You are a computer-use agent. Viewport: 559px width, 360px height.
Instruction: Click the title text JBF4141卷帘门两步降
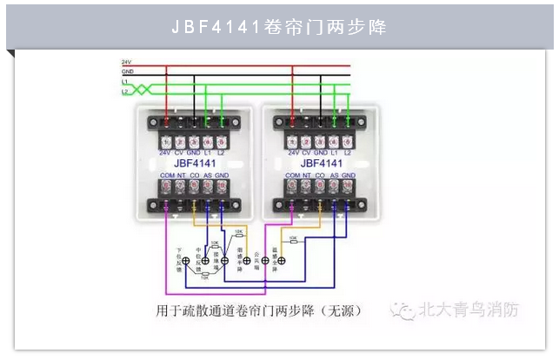pyautogui.click(x=279, y=27)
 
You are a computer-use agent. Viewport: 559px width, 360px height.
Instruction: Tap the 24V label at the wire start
pyautogui.click(x=126, y=63)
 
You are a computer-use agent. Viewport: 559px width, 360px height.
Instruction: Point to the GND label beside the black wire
pyautogui.click(x=127, y=72)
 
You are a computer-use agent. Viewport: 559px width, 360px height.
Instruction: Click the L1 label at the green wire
pyautogui.click(x=125, y=81)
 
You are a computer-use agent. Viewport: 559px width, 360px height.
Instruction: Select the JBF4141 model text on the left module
pyautogui.click(x=195, y=163)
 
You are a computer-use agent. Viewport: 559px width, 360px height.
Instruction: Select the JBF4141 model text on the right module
pyautogui.click(x=321, y=163)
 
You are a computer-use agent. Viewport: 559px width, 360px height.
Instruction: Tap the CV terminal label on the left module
pyautogui.click(x=180, y=152)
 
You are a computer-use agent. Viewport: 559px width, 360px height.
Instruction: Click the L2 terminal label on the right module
pyautogui.click(x=348, y=152)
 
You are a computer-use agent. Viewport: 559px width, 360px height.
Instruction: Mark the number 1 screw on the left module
pyautogui.click(x=166, y=141)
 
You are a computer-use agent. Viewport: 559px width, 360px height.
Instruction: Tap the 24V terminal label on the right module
pyautogui.click(x=293, y=152)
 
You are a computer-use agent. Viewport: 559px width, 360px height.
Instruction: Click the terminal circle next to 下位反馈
pyautogui.click(x=185, y=261)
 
